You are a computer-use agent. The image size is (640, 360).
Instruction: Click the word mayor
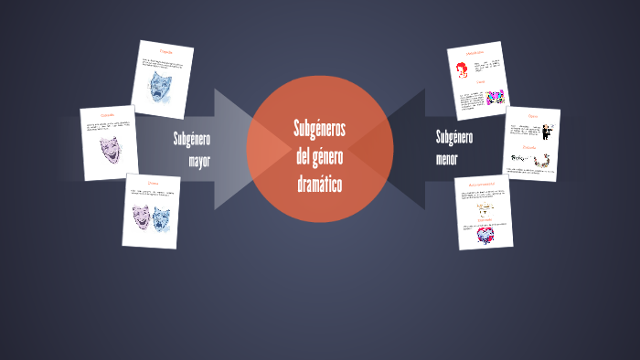199,162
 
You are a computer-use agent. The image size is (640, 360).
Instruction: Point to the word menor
447,159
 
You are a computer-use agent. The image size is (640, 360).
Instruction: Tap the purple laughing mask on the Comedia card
110,149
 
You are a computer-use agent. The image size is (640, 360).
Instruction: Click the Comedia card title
108,115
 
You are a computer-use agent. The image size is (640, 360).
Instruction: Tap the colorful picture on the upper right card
495,96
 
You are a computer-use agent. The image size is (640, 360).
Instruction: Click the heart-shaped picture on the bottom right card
484,236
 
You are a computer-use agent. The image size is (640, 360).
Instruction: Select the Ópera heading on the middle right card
532,117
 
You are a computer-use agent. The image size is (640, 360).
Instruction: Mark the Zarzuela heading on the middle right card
530,147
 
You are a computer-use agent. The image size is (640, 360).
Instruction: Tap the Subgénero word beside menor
454,138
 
